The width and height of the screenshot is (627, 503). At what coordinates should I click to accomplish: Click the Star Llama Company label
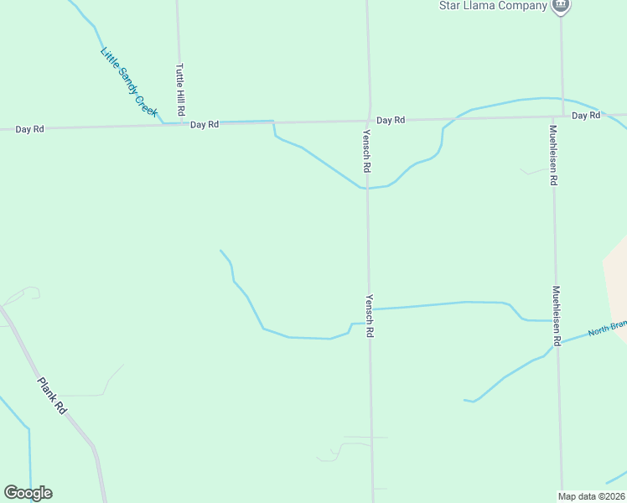pyautogui.click(x=493, y=5)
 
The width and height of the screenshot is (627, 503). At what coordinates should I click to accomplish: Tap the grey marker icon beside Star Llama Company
pyautogui.click(x=561, y=5)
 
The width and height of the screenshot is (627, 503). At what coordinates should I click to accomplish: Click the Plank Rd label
pyautogui.click(x=52, y=396)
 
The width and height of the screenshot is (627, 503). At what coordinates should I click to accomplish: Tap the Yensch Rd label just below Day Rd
pyautogui.click(x=367, y=151)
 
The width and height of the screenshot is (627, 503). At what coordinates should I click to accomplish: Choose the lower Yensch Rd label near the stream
pyautogui.click(x=369, y=315)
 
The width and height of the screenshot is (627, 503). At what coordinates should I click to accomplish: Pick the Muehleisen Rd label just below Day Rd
pyautogui.click(x=553, y=154)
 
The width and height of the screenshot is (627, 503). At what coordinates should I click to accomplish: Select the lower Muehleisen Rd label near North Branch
pyautogui.click(x=556, y=316)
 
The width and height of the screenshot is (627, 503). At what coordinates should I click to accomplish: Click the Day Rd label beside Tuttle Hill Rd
pyautogui.click(x=204, y=124)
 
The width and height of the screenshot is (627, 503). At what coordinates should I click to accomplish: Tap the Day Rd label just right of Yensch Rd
pyautogui.click(x=391, y=121)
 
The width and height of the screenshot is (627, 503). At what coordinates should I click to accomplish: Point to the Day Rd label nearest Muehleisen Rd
pyautogui.click(x=587, y=115)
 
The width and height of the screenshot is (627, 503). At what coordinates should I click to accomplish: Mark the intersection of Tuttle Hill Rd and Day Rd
pyautogui.click(x=179, y=124)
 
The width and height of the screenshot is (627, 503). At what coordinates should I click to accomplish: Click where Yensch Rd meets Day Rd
pyautogui.click(x=369, y=120)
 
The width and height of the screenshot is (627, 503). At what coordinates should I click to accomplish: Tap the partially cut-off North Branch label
pyautogui.click(x=607, y=329)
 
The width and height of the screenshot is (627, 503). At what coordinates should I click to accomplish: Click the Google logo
pyautogui.click(x=28, y=493)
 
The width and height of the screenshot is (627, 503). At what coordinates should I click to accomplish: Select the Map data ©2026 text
pyautogui.click(x=592, y=496)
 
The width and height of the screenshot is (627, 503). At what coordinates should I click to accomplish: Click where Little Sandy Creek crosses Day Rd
pyautogui.click(x=163, y=124)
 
